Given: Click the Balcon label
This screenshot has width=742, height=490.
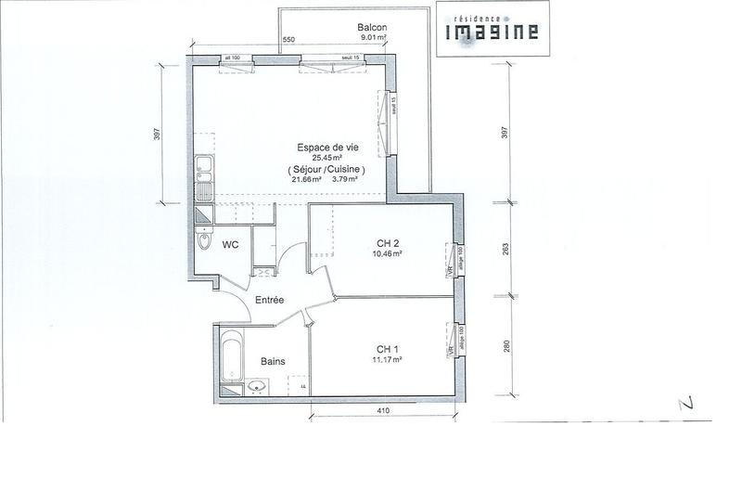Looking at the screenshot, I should [x=372, y=27].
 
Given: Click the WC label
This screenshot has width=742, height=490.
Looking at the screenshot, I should [x=230, y=244].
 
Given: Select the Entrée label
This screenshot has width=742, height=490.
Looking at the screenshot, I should [x=271, y=299].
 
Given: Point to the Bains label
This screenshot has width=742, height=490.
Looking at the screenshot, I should [x=272, y=361].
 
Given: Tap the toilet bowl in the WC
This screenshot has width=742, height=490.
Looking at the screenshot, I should [x=204, y=243].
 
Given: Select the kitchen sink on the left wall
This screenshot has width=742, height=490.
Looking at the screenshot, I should [x=202, y=179].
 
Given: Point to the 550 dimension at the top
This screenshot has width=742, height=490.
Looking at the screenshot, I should [x=288, y=40].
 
